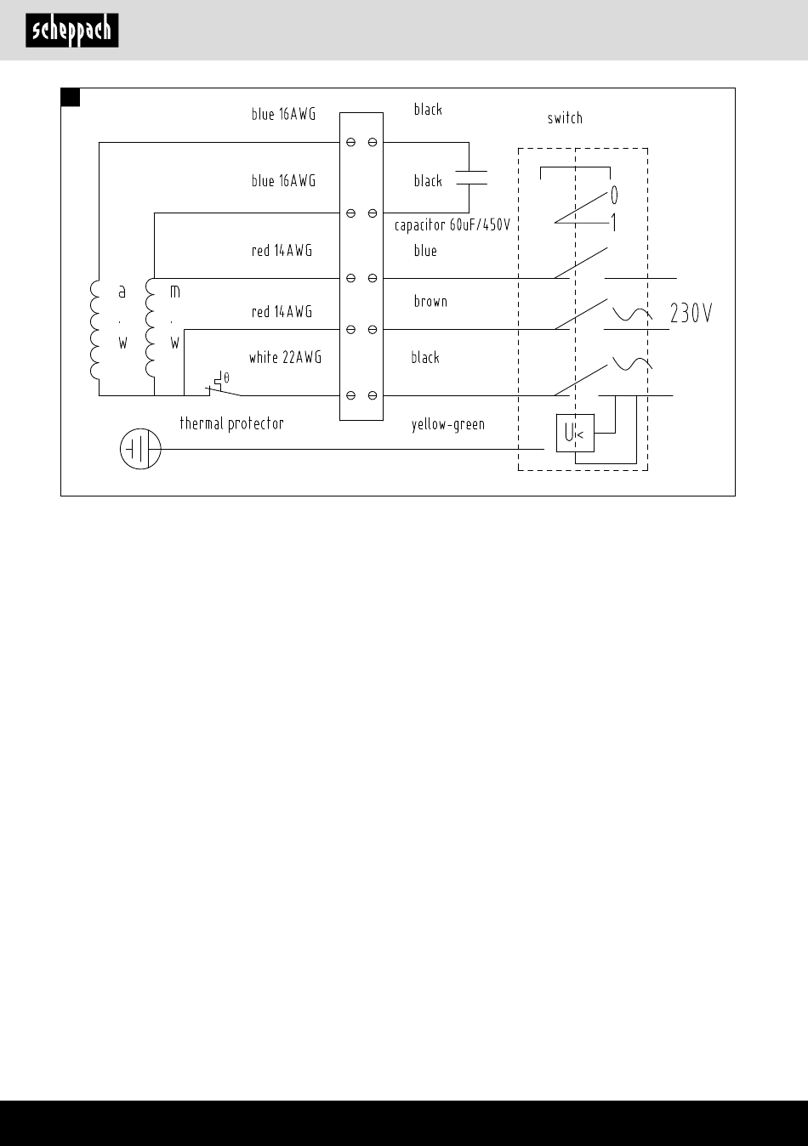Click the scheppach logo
pos(72,31)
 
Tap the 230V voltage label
pos(691,313)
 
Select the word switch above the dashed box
pos(565,119)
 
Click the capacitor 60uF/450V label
pos(452,225)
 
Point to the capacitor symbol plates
pos(471,178)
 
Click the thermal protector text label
pos(232,423)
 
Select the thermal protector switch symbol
pos(223,385)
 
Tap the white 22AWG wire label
pos(286,357)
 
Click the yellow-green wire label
pos(447,424)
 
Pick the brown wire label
pos(430,301)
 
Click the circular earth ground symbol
pos(140,449)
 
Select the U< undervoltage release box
pos(575,433)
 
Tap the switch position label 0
pos(614,195)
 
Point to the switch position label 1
pos(613,223)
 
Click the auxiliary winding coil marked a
pos(94,330)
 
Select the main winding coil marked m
pos(150,328)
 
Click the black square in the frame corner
pos(71,97)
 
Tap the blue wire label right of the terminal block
pos(425,251)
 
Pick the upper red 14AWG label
pos(282,251)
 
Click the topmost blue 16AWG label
pos(283,114)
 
